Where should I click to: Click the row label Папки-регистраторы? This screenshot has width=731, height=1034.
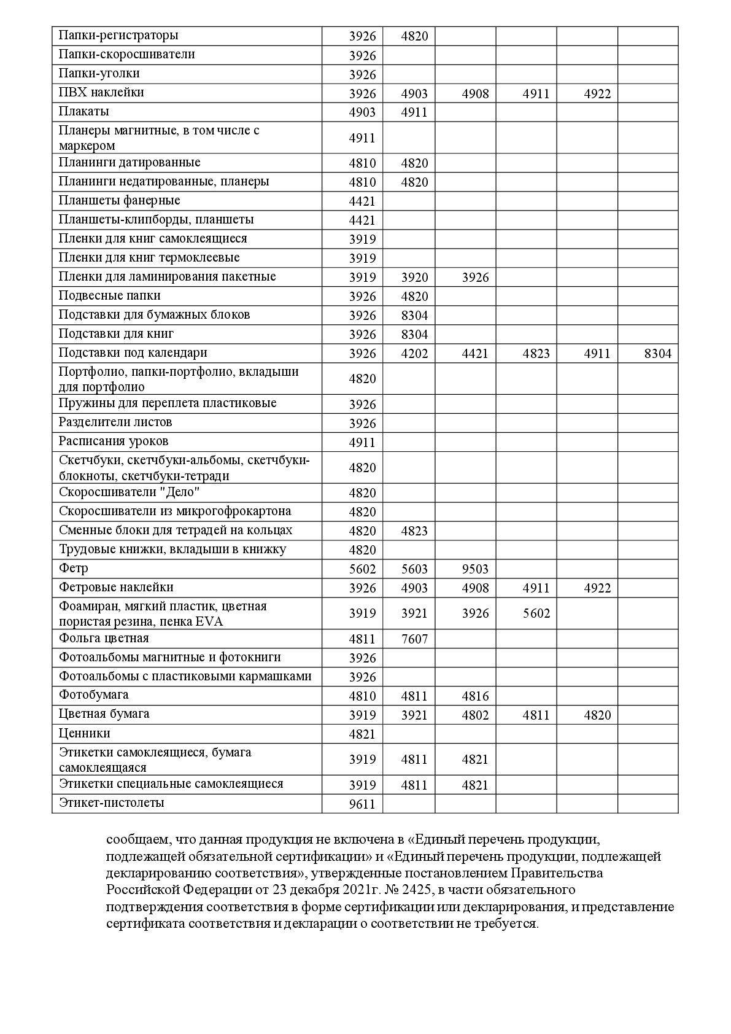pyautogui.click(x=118, y=36)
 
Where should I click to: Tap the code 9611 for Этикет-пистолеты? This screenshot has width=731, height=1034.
pyautogui.click(x=362, y=804)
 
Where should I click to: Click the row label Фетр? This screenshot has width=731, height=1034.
pyautogui.click(x=74, y=568)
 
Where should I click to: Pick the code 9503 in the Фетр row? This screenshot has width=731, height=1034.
pyautogui.click(x=475, y=569)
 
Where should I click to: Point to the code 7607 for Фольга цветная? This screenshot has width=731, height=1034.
pyautogui.click(x=414, y=639)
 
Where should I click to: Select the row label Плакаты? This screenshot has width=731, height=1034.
pyautogui.click(x=84, y=112)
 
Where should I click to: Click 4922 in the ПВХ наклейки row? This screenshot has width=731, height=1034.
pyautogui.click(x=597, y=94)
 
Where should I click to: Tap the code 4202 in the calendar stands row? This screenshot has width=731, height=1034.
pyautogui.click(x=414, y=354)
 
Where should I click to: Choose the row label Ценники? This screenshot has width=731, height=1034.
pyautogui.click(x=85, y=734)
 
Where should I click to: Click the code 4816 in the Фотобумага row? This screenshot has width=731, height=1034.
pyautogui.click(x=475, y=696)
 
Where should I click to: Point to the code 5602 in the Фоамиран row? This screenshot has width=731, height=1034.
pyautogui.click(x=536, y=613)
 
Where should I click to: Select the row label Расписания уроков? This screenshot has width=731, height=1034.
pyautogui.click(x=114, y=441)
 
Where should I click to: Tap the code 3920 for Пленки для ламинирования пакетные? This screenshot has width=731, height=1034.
pyautogui.click(x=414, y=278)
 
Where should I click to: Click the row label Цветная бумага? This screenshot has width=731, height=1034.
pyautogui.click(x=104, y=714)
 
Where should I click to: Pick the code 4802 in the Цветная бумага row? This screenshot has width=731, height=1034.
pyautogui.click(x=475, y=715)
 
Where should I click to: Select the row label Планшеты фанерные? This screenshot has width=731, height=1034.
pyautogui.click(x=120, y=201)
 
